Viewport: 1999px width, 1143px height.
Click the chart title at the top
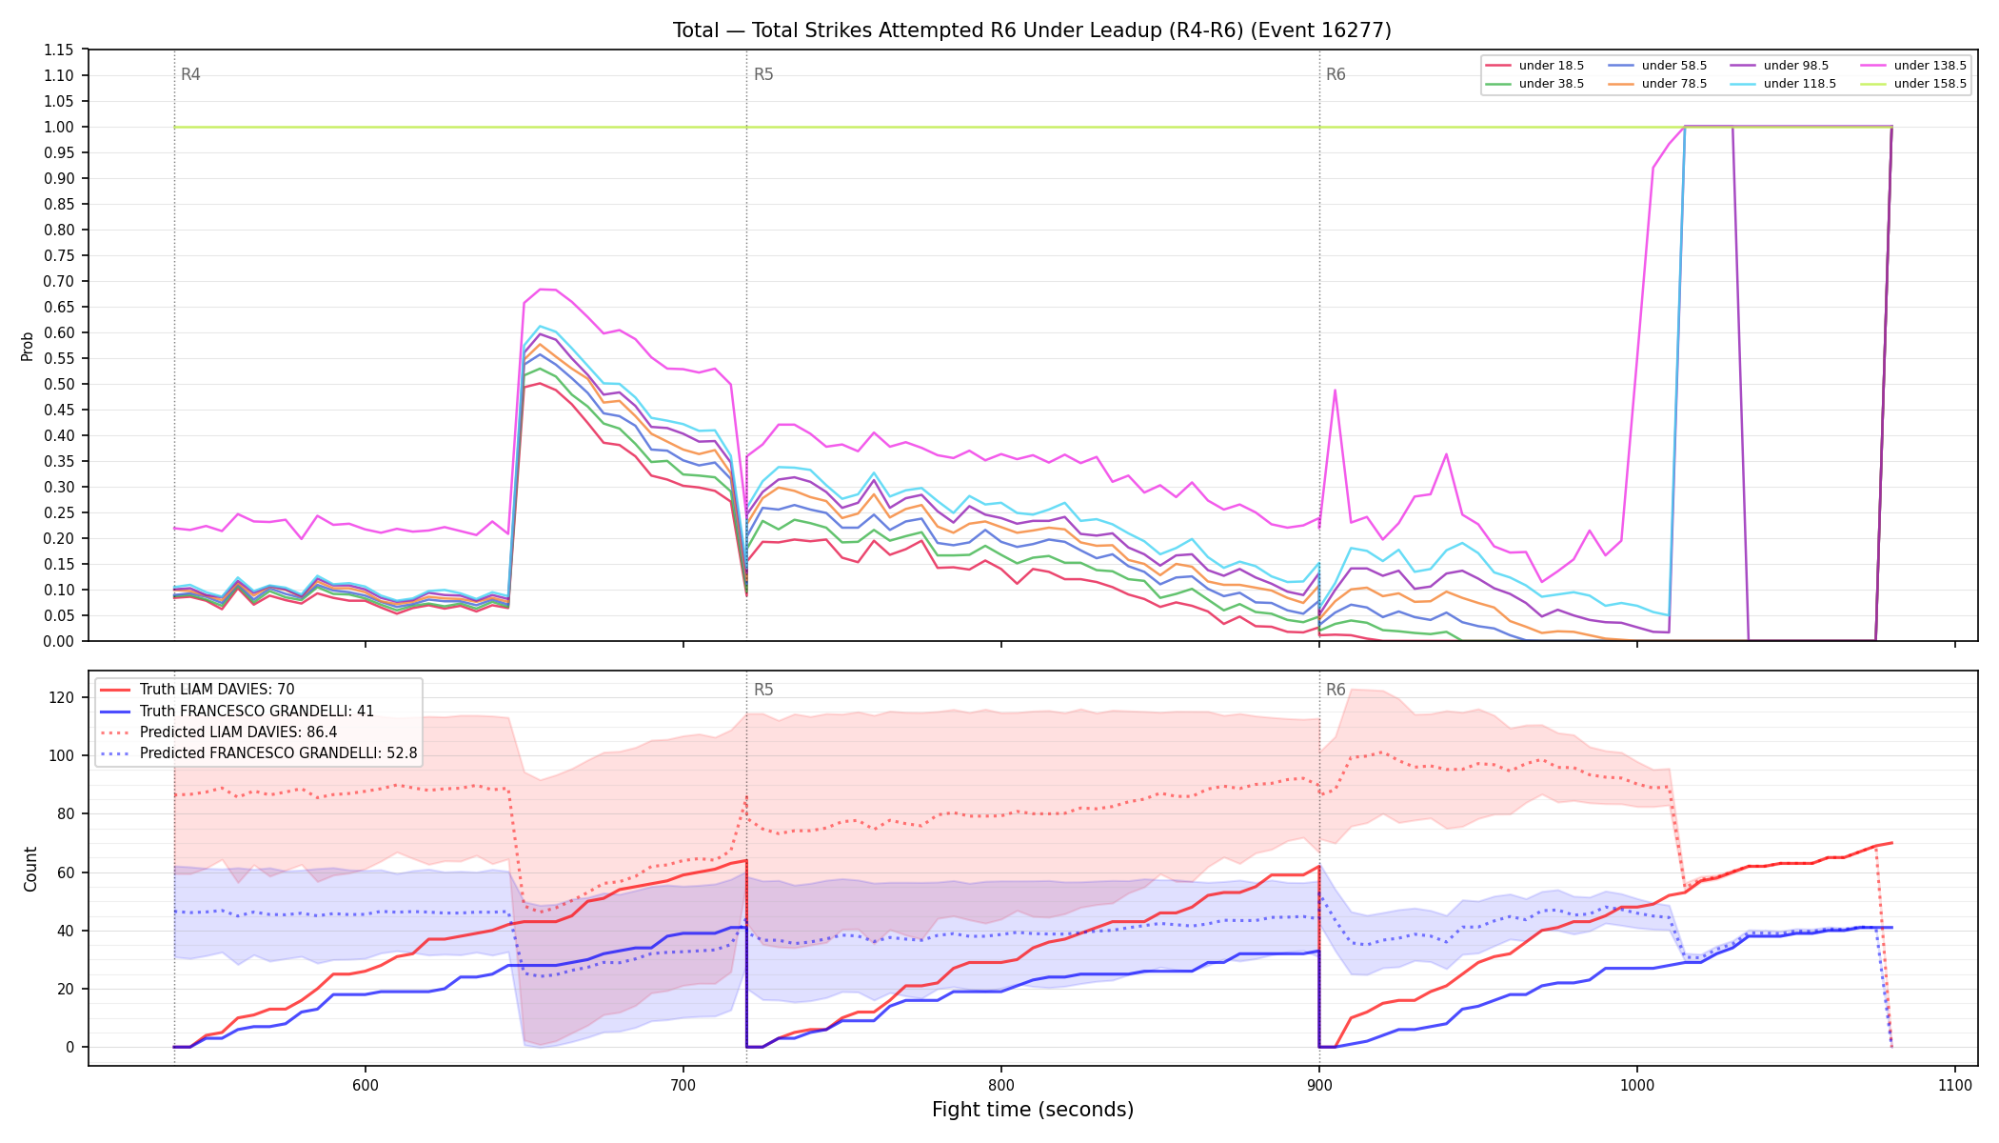coord(1032,30)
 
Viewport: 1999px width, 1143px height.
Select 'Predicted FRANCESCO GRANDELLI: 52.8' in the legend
coord(258,753)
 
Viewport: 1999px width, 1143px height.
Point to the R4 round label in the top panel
coord(190,74)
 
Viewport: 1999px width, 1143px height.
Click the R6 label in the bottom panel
coord(1336,690)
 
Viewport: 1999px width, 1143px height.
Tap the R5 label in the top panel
coord(763,74)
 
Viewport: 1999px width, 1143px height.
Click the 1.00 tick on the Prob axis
coord(59,127)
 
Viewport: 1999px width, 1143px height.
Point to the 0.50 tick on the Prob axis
coord(59,384)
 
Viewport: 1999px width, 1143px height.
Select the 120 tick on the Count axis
coord(63,697)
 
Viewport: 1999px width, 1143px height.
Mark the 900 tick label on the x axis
coord(1318,1085)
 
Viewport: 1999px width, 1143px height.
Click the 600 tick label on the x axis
coord(365,1085)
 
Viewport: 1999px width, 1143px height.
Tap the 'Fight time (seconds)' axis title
coord(1033,1110)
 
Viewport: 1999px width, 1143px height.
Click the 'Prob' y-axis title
coord(28,346)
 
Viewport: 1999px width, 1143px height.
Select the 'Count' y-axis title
coord(30,869)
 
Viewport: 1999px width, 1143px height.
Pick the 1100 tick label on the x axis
coord(1954,1085)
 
